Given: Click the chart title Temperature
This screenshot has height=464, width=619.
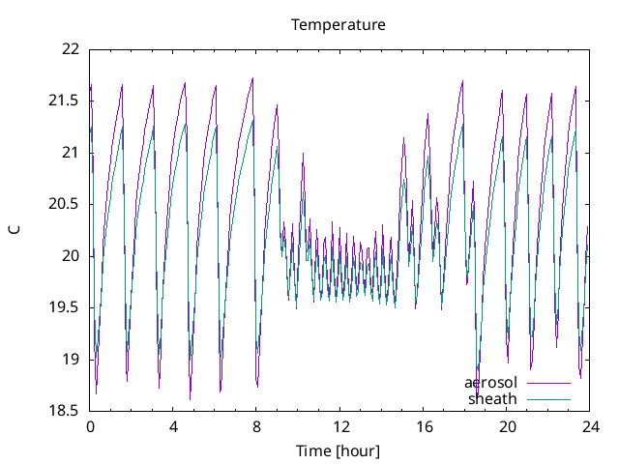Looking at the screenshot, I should point(339,24).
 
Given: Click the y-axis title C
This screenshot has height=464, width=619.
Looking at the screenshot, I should point(15,229).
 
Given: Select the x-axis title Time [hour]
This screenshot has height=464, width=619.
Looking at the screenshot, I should point(339,451).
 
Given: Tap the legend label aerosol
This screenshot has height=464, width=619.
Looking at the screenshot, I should point(491,383).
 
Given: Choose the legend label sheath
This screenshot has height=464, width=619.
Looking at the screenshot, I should point(493,398).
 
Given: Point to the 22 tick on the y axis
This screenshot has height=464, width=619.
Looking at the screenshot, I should point(71,48).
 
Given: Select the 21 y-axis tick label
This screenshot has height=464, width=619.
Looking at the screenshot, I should point(71,152).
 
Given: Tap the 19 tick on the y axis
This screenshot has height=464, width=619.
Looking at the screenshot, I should point(71,360).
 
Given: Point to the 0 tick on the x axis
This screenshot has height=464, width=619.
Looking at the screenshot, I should point(90,426).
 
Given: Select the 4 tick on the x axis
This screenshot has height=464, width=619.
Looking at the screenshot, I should point(173,426).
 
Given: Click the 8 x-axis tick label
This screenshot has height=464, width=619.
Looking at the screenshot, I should point(257,426).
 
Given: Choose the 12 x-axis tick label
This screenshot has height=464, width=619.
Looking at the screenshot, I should point(340,426).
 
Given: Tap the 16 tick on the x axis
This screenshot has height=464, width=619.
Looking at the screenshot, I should point(424,426).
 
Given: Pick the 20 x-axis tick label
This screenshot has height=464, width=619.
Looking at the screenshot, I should point(507,426).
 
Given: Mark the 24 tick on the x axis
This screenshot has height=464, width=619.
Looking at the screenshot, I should point(590,426).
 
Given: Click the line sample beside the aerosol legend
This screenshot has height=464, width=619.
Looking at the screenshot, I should point(548,383).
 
